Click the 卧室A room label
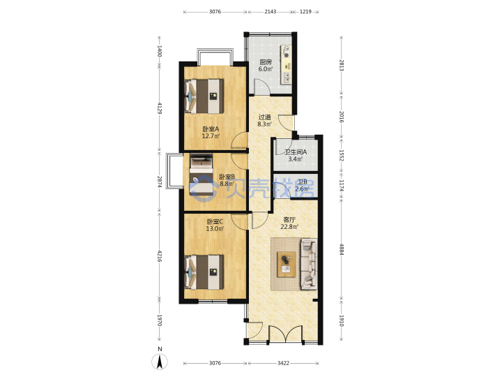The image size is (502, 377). tap(211, 129)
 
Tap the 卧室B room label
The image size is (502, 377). tap(227, 177)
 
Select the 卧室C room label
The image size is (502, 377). tap(215, 221)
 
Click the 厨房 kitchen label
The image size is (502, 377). tap(266, 62)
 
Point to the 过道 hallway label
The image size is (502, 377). tap(265, 117)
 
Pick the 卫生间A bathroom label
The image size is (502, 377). tap(296, 152)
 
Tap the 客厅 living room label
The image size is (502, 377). tap(289, 220)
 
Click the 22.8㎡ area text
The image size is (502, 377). tap(289, 227)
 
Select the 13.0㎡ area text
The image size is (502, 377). tap(215, 229)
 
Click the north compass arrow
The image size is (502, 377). tap(160, 362)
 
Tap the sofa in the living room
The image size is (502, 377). tap(309, 264)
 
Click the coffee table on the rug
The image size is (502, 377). tap(287, 265)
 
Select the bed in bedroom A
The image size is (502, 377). tap(204, 96)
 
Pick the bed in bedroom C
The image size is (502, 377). tap(204, 272)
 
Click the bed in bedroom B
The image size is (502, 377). tap(201, 175)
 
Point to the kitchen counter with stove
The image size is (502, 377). tap(287, 64)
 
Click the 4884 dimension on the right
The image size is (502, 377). tap(342, 249)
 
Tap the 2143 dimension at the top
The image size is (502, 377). tap(271, 12)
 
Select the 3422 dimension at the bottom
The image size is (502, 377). tap(283, 363)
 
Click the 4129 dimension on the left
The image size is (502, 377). tap(160, 108)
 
